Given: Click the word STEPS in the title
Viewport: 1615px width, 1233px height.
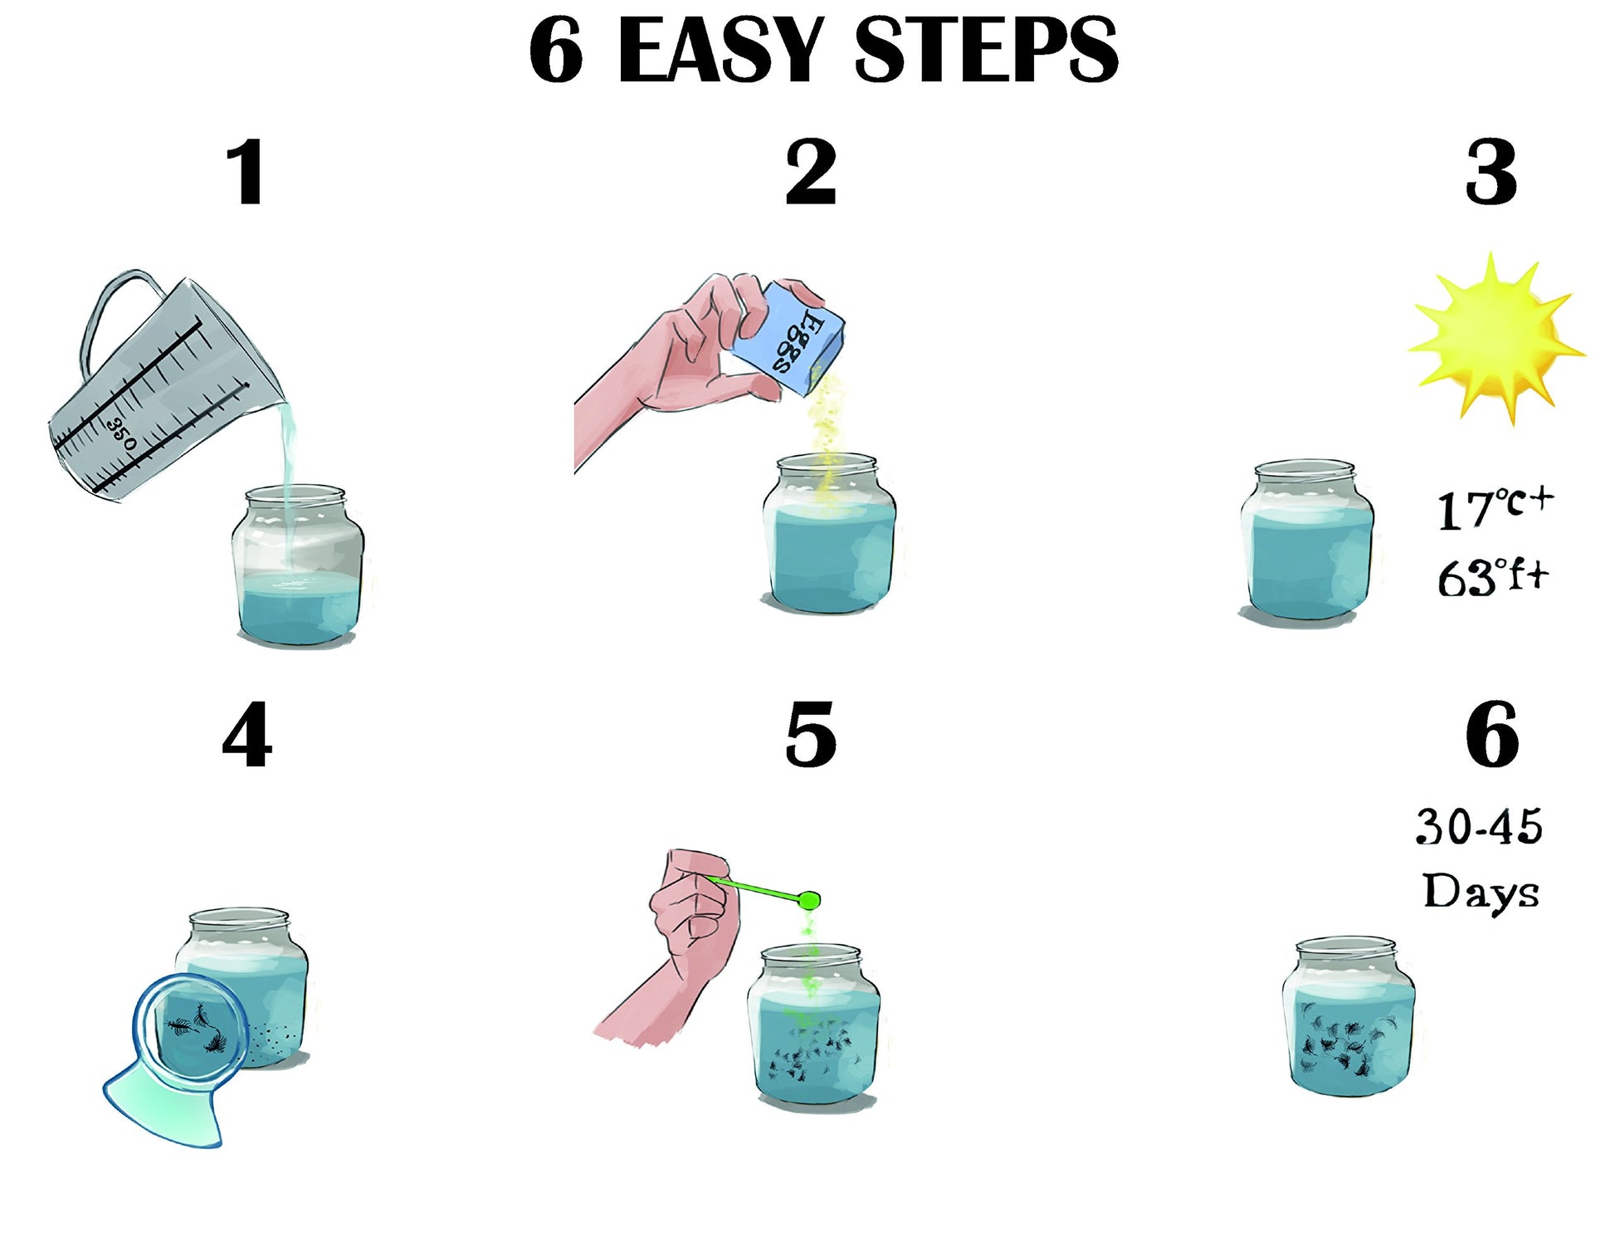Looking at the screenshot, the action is click(986, 51).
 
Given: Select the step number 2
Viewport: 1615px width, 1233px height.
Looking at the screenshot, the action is click(811, 173).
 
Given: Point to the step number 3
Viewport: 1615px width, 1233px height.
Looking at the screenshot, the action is click(1491, 173).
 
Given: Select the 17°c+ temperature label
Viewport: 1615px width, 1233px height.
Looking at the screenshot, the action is click(1495, 508).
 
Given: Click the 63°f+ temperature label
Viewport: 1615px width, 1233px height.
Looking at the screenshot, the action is click(1493, 577).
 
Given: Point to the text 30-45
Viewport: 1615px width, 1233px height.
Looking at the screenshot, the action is click(1479, 827).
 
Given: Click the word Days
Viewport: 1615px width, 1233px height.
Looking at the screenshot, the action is click(1481, 893).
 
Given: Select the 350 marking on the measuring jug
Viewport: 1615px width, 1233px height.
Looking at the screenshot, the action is click(122, 434).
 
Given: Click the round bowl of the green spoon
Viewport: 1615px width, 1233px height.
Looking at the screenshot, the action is click(809, 900).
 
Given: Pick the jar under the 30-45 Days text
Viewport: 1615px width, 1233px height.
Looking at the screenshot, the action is click(1348, 1016).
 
